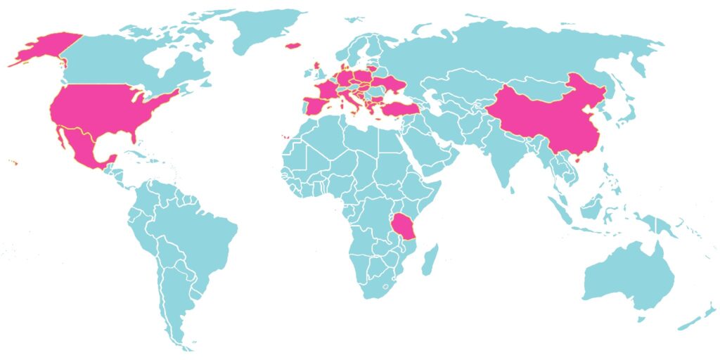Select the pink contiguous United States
coord(105,109)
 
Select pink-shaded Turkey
coord(397,108)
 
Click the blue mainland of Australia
coord(626,278)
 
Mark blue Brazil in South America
coord(200,232)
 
